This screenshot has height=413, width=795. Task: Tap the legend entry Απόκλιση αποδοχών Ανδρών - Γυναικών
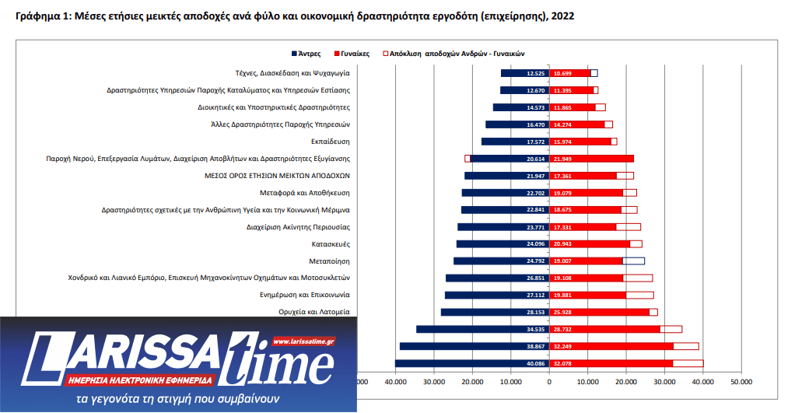click(454, 54)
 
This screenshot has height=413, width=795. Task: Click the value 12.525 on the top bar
click(535, 73)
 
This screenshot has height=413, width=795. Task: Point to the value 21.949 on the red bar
click(562, 159)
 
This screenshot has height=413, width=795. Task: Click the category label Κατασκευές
click(331, 244)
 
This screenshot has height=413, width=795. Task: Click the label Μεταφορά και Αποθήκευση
click(304, 193)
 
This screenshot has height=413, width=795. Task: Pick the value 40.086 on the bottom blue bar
click(535, 363)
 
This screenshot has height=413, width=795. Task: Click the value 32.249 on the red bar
click(562, 346)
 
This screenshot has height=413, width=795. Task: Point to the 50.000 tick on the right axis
click(741, 381)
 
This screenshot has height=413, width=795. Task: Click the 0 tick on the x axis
click(549, 381)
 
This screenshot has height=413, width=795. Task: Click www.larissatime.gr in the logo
click(303, 341)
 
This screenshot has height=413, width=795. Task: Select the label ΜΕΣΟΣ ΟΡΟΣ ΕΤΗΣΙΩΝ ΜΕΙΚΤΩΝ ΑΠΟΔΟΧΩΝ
click(277, 176)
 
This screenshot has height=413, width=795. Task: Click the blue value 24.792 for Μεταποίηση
click(535, 261)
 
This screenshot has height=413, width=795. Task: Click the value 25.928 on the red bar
click(562, 312)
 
